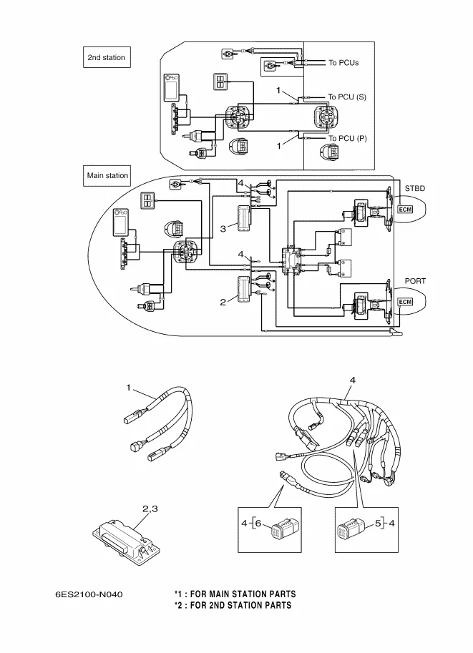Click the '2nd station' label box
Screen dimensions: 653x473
pyautogui.click(x=106, y=57)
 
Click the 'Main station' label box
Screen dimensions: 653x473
pyautogui.click(x=107, y=175)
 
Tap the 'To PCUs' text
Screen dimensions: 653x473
pyautogui.click(x=343, y=63)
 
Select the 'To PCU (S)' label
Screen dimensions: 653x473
pyautogui.click(x=347, y=97)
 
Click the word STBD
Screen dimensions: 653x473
pyautogui.click(x=415, y=188)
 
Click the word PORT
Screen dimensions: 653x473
pyautogui.click(x=415, y=281)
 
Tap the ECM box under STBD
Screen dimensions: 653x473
pyautogui.click(x=405, y=210)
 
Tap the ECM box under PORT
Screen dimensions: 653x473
pyautogui.click(x=405, y=303)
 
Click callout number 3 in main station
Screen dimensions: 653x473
pyautogui.click(x=223, y=228)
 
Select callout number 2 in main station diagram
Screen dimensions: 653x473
pyautogui.click(x=223, y=303)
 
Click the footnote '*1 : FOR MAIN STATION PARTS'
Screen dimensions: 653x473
pyautogui.click(x=235, y=594)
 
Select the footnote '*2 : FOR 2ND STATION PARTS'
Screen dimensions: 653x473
pyautogui.click(x=233, y=606)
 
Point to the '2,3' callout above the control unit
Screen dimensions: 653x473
pyautogui.click(x=150, y=509)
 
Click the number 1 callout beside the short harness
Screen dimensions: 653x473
pyautogui.click(x=129, y=387)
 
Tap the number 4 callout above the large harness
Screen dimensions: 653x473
pyautogui.click(x=352, y=379)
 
